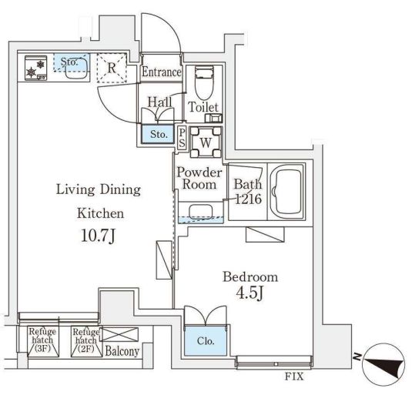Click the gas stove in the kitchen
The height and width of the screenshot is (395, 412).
coord(35,68)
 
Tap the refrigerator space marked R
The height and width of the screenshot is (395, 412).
coord(112,68)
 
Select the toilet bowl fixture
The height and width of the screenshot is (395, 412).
coord(204,82)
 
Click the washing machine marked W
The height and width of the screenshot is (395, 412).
coord(206,142)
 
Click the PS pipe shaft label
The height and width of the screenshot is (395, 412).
coord(182,138)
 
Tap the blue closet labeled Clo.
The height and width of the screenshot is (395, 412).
coord(206,341)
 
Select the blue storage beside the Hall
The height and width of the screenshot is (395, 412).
coord(158,134)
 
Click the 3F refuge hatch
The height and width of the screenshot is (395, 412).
coord(43,341)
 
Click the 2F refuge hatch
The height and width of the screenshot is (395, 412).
coord(86,341)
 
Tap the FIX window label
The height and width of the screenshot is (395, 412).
coord(294,377)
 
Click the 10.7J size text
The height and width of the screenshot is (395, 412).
coord(99,236)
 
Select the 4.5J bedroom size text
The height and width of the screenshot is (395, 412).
coord(250,293)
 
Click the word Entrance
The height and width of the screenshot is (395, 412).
coord(162,72)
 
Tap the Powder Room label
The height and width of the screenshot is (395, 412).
coord(199,178)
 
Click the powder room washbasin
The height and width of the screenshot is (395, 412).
coord(201,212)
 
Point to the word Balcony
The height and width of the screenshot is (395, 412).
coord(122,351)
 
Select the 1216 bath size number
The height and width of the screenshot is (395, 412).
coord(249,199)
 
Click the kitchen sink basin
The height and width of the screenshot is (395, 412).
coord(76,68)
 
